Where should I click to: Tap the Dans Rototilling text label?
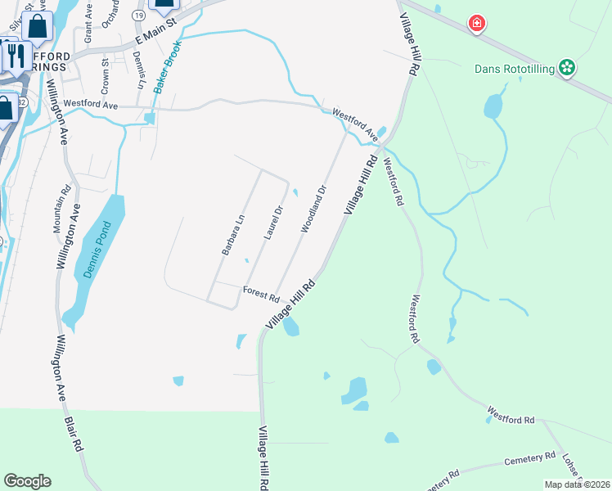515,69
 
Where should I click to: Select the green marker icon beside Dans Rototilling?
566,67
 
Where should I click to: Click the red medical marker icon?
475,24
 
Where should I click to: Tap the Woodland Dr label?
313,209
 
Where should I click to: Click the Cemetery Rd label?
529,459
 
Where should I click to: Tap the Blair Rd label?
74,433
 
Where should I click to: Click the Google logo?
28,480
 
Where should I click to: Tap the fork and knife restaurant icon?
15,54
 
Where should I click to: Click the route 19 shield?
140,16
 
